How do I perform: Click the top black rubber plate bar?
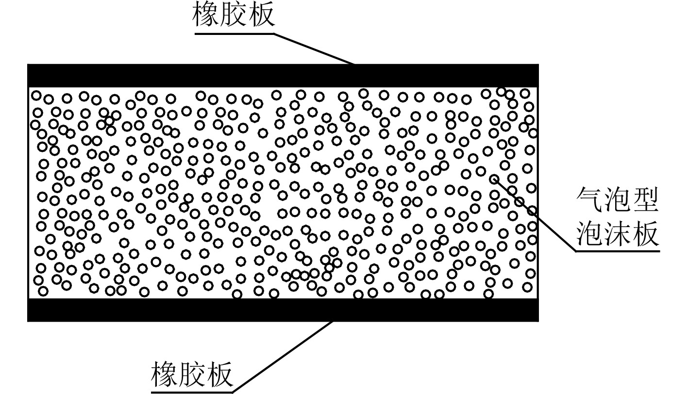coord(283,75)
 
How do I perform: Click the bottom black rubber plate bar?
coord(283,310)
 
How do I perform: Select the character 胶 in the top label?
coord(234,15)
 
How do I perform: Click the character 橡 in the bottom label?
coord(165,373)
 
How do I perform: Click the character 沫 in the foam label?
coord(618,234)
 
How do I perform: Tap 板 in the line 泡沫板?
coord(645,234)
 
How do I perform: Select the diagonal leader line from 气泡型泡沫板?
coord(534,213)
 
